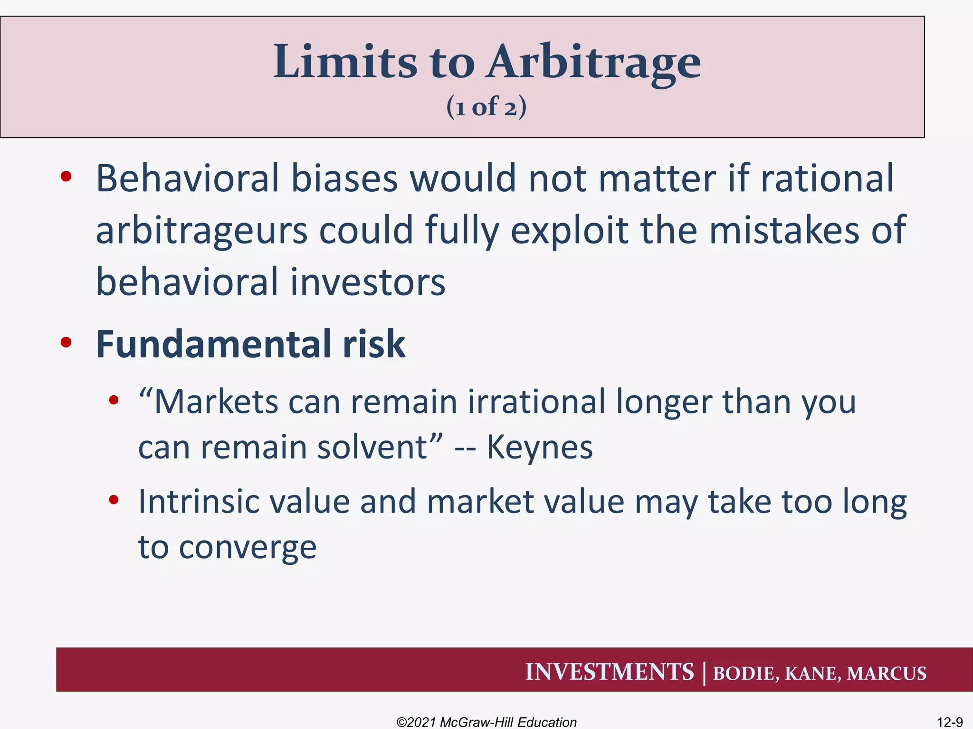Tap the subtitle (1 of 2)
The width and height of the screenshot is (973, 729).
pyautogui.click(x=486, y=106)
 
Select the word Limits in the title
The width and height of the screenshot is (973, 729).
pyautogui.click(x=345, y=62)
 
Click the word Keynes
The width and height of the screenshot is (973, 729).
pyautogui.click(x=540, y=447)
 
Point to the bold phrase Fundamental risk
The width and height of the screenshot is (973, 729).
pyautogui.click(x=250, y=344)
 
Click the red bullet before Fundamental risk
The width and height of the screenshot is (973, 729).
pyautogui.click(x=66, y=342)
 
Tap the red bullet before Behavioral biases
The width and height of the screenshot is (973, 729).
pyautogui.click(x=66, y=177)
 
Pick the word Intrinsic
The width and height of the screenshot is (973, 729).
pyautogui.click(x=199, y=502)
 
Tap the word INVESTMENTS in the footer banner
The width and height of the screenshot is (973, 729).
pyautogui.click(x=609, y=672)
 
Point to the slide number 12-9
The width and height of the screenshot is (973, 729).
pyautogui.click(x=949, y=722)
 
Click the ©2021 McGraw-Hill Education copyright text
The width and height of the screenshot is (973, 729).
pyautogui.click(x=486, y=722)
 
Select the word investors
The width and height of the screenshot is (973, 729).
pyautogui.click(x=368, y=282)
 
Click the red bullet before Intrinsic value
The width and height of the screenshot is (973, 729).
pyautogui.click(x=114, y=500)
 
